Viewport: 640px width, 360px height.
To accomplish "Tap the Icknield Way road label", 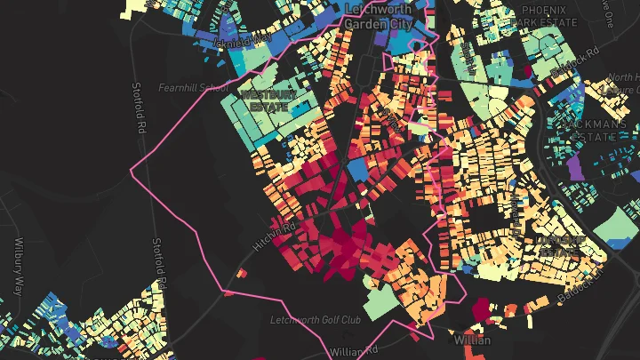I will coord(252,40).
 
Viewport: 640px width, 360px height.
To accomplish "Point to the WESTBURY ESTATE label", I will coord(267,99).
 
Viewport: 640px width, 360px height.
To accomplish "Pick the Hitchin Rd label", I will coord(273,233).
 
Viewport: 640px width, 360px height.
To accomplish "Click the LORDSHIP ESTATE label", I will coord(561,245).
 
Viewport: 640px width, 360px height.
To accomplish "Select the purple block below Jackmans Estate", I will coord(576,167).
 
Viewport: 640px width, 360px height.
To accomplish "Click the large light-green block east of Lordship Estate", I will coord(612,228).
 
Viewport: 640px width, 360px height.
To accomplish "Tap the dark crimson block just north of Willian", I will coord(482,309).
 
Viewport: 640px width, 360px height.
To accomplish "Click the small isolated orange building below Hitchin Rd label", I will coord(228,291).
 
